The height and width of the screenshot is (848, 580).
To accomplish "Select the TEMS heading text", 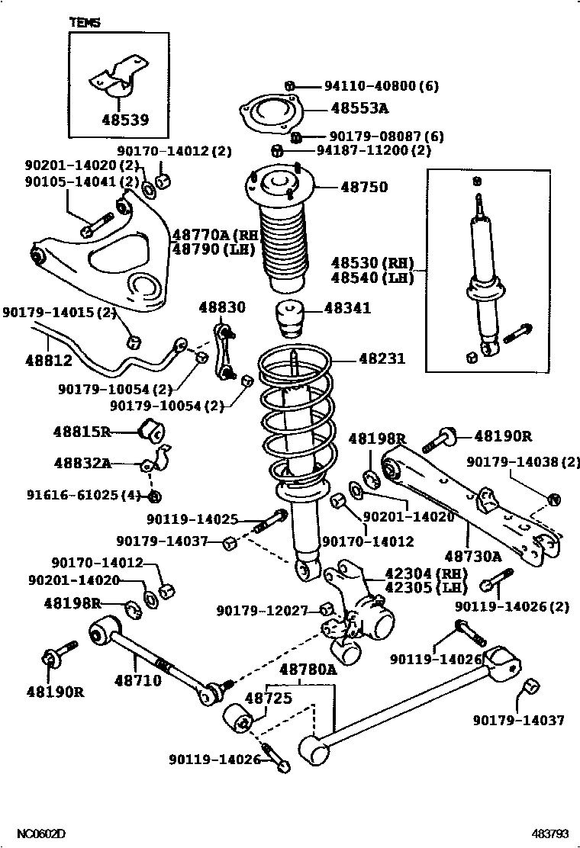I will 85,23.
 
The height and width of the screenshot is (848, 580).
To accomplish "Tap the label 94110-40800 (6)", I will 375,86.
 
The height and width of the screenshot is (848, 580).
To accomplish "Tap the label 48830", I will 222,308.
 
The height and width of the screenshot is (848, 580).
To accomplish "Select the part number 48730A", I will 474,557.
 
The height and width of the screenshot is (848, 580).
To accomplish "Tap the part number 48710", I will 138,679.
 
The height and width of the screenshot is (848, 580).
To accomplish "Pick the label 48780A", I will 308,670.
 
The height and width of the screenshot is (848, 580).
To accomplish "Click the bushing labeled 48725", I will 237,718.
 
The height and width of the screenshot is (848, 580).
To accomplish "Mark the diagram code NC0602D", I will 43,834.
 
